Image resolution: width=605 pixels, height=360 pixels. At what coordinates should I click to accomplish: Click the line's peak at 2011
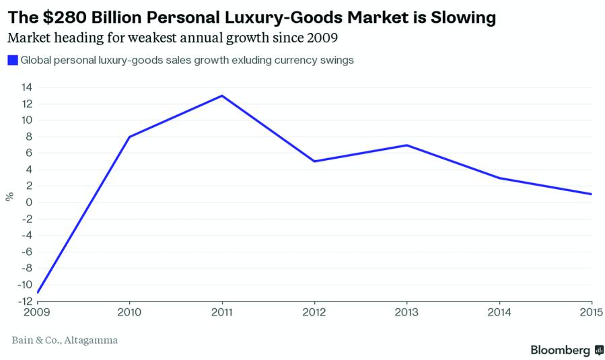pyautogui.click(x=222, y=96)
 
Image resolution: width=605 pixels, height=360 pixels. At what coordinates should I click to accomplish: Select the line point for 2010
pyautogui.click(x=129, y=137)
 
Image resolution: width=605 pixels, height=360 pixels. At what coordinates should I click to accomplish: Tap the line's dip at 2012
pyautogui.click(x=314, y=161)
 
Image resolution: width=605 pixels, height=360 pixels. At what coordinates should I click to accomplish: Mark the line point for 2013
pyautogui.click(x=407, y=145)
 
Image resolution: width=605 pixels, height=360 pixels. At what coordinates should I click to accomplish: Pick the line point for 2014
pyautogui.click(x=499, y=178)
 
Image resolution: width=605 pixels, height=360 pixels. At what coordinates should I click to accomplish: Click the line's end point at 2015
pyautogui.click(x=592, y=194)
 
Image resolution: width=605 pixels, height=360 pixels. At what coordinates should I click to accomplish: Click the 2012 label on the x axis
pyautogui.click(x=314, y=312)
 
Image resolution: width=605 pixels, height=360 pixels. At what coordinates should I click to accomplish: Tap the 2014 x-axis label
pyautogui.click(x=499, y=312)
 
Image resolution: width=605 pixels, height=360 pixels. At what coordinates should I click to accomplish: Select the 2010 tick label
pyautogui.click(x=129, y=312)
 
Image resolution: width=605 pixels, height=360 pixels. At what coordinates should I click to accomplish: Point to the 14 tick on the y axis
pyautogui.click(x=27, y=87)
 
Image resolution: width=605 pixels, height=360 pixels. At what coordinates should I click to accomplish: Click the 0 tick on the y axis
pyautogui.click(x=30, y=203)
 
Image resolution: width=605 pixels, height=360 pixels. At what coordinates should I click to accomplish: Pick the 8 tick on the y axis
pyautogui.click(x=30, y=137)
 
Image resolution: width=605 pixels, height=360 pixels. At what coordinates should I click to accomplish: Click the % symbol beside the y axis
pyautogui.click(x=9, y=196)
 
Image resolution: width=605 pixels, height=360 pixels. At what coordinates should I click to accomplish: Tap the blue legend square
pyautogui.click(x=12, y=61)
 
